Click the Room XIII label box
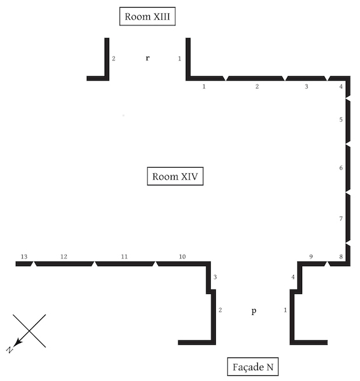click(147, 17)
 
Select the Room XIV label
click(175, 176)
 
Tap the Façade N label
click(253, 366)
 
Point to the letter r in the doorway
click(147, 58)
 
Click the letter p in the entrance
click(253, 311)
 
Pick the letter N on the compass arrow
click(10, 350)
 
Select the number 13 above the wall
click(24, 257)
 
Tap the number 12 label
click(63, 257)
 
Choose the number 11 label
click(124, 257)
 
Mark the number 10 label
click(182, 257)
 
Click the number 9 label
click(311, 257)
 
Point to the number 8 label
click(341, 257)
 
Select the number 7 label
click(341, 218)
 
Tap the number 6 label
click(341, 168)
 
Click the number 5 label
click(341, 119)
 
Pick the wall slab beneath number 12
click(64, 264)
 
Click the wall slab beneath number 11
click(125, 264)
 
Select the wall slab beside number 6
click(348, 168)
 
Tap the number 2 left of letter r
click(114, 58)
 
